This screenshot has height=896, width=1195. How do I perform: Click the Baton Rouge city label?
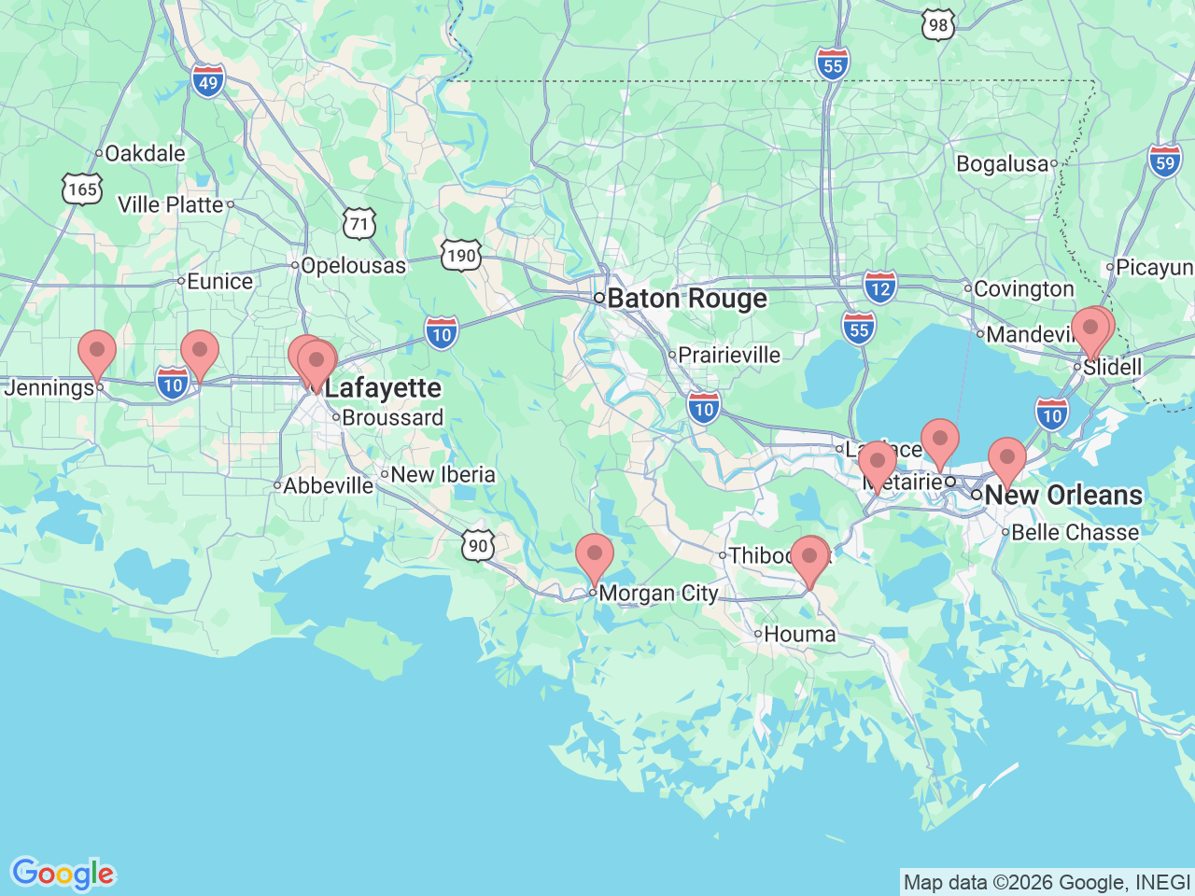pyautogui.click(x=686, y=299)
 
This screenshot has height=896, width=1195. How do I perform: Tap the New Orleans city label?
pyautogui.click(x=1062, y=495)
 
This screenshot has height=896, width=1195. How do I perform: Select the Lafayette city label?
pyautogui.click(x=383, y=387)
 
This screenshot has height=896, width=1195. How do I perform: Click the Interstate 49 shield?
pyautogui.click(x=208, y=81)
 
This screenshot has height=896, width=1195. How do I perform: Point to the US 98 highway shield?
pyautogui.click(x=937, y=25)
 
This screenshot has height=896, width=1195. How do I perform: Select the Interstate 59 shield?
pyautogui.click(x=1164, y=162)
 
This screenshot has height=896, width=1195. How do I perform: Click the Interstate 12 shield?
pyautogui.click(x=879, y=287)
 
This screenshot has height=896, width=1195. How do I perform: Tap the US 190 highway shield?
pyautogui.click(x=461, y=255)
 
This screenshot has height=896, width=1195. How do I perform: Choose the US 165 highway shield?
pyautogui.click(x=82, y=189)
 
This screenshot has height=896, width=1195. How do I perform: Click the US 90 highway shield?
pyautogui.click(x=477, y=545)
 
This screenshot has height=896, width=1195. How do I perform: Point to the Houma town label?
pyautogui.click(x=799, y=635)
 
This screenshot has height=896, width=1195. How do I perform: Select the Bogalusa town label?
pyautogui.click(x=1002, y=164)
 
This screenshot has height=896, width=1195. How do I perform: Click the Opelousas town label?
pyautogui.click(x=353, y=266)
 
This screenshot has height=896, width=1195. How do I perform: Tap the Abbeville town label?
pyautogui.click(x=328, y=486)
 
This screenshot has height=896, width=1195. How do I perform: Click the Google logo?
pyautogui.click(x=62, y=874)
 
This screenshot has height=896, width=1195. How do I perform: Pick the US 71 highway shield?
pyautogui.click(x=359, y=224)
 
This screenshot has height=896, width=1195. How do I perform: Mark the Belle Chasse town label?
pyautogui.click(x=1075, y=533)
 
